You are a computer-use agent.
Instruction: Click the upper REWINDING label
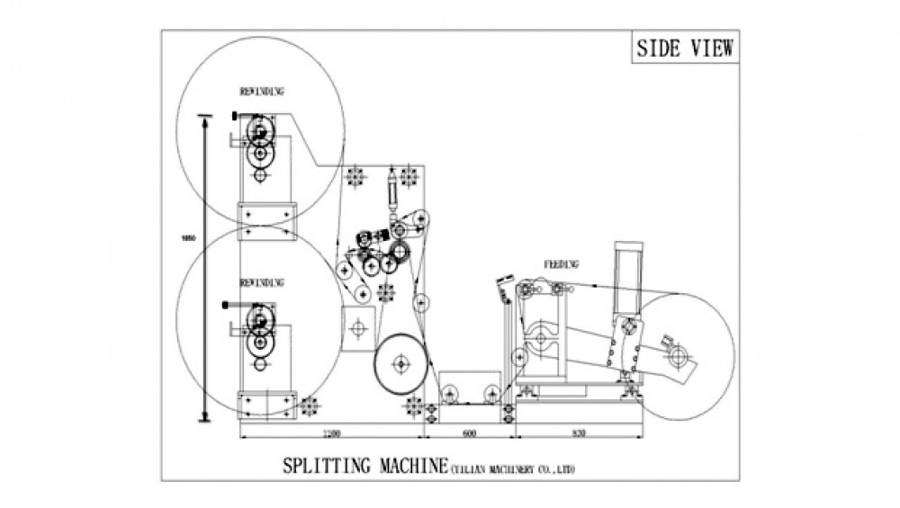pyautogui.click(x=262, y=92)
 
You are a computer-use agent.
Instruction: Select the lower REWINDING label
pyautogui.click(x=262, y=282)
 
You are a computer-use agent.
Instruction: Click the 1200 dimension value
pyautogui.click(x=330, y=433)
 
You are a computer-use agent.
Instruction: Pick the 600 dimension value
pyautogui.click(x=469, y=433)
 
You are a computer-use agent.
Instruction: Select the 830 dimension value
pyautogui.click(x=579, y=433)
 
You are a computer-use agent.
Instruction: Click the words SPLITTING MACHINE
pyautogui.click(x=365, y=468)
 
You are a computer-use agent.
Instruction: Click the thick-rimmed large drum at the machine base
pyautogui.click(x=401, y=364)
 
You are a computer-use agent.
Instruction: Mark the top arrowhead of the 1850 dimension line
pyautogui.click(x=205, y=118)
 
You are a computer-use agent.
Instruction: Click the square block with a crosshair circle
pyautogui.click(x=358, y=326)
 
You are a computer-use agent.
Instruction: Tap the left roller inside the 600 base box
pyautogui.click(x=450, y=391)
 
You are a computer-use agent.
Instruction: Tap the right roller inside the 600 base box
pyautogui.click(x=490, y=391)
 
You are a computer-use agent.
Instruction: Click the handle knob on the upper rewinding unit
pyautogui.click(x=235, y=116)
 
